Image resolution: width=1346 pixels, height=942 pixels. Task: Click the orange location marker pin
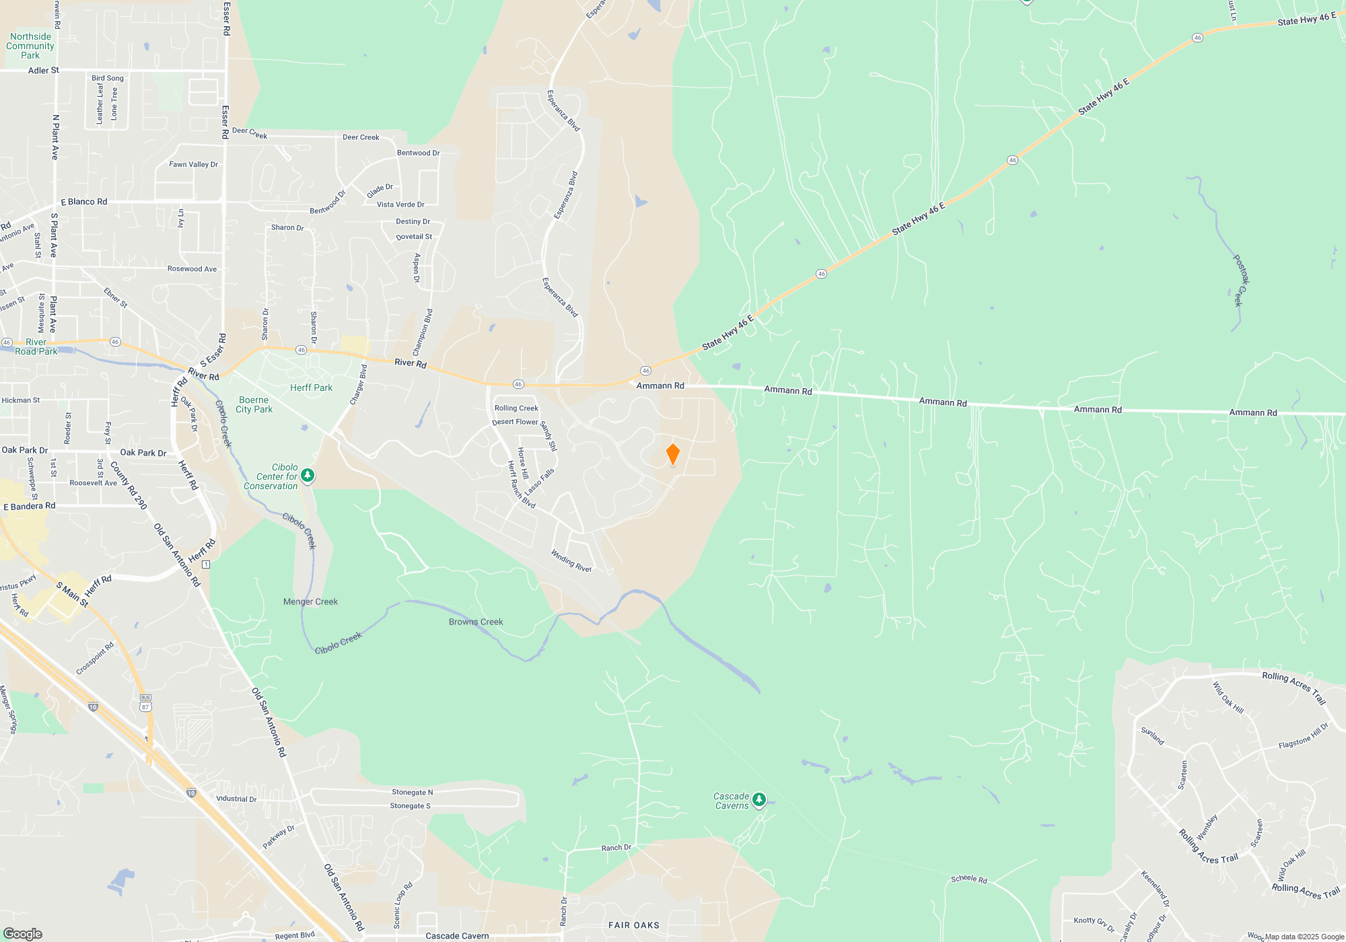(x=672, y=454)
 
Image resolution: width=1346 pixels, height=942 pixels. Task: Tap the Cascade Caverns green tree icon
(x=759, y=799)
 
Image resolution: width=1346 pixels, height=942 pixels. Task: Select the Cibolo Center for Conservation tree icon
(x=308, y=475)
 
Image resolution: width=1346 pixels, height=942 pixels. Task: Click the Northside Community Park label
(x=30, y=46)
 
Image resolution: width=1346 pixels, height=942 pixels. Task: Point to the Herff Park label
(x=311, y=388)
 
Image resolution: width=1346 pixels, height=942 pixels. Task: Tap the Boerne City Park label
(x=254, y=404)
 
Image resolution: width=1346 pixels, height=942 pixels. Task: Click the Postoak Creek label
(x=1241, y=281)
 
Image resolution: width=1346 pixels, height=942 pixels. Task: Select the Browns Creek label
(x=476, y=622)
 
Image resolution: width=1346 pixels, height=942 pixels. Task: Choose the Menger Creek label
(x=310, y=602)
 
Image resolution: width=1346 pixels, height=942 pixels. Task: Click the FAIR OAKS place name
(x=634, y=925)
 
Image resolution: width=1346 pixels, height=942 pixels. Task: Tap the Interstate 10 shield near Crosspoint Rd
(x=93, y=706)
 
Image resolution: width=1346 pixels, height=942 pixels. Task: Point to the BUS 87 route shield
(x=145, y=704)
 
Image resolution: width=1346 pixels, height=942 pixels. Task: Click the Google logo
(x=23, y=933)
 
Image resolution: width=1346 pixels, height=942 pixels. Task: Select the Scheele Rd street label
(x=968, y=879)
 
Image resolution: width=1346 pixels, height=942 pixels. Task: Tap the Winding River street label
(x=571, y=560)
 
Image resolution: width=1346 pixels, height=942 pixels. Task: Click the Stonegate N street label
(x=412, y=792)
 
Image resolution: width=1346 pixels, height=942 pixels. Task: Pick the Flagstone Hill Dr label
(x=1304, y=736)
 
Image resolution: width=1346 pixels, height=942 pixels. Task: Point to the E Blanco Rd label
(x=84, y=202)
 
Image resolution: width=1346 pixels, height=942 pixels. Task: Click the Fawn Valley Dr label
(x=193, y=164)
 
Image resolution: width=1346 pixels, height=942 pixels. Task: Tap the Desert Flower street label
(x=515, y=422)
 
